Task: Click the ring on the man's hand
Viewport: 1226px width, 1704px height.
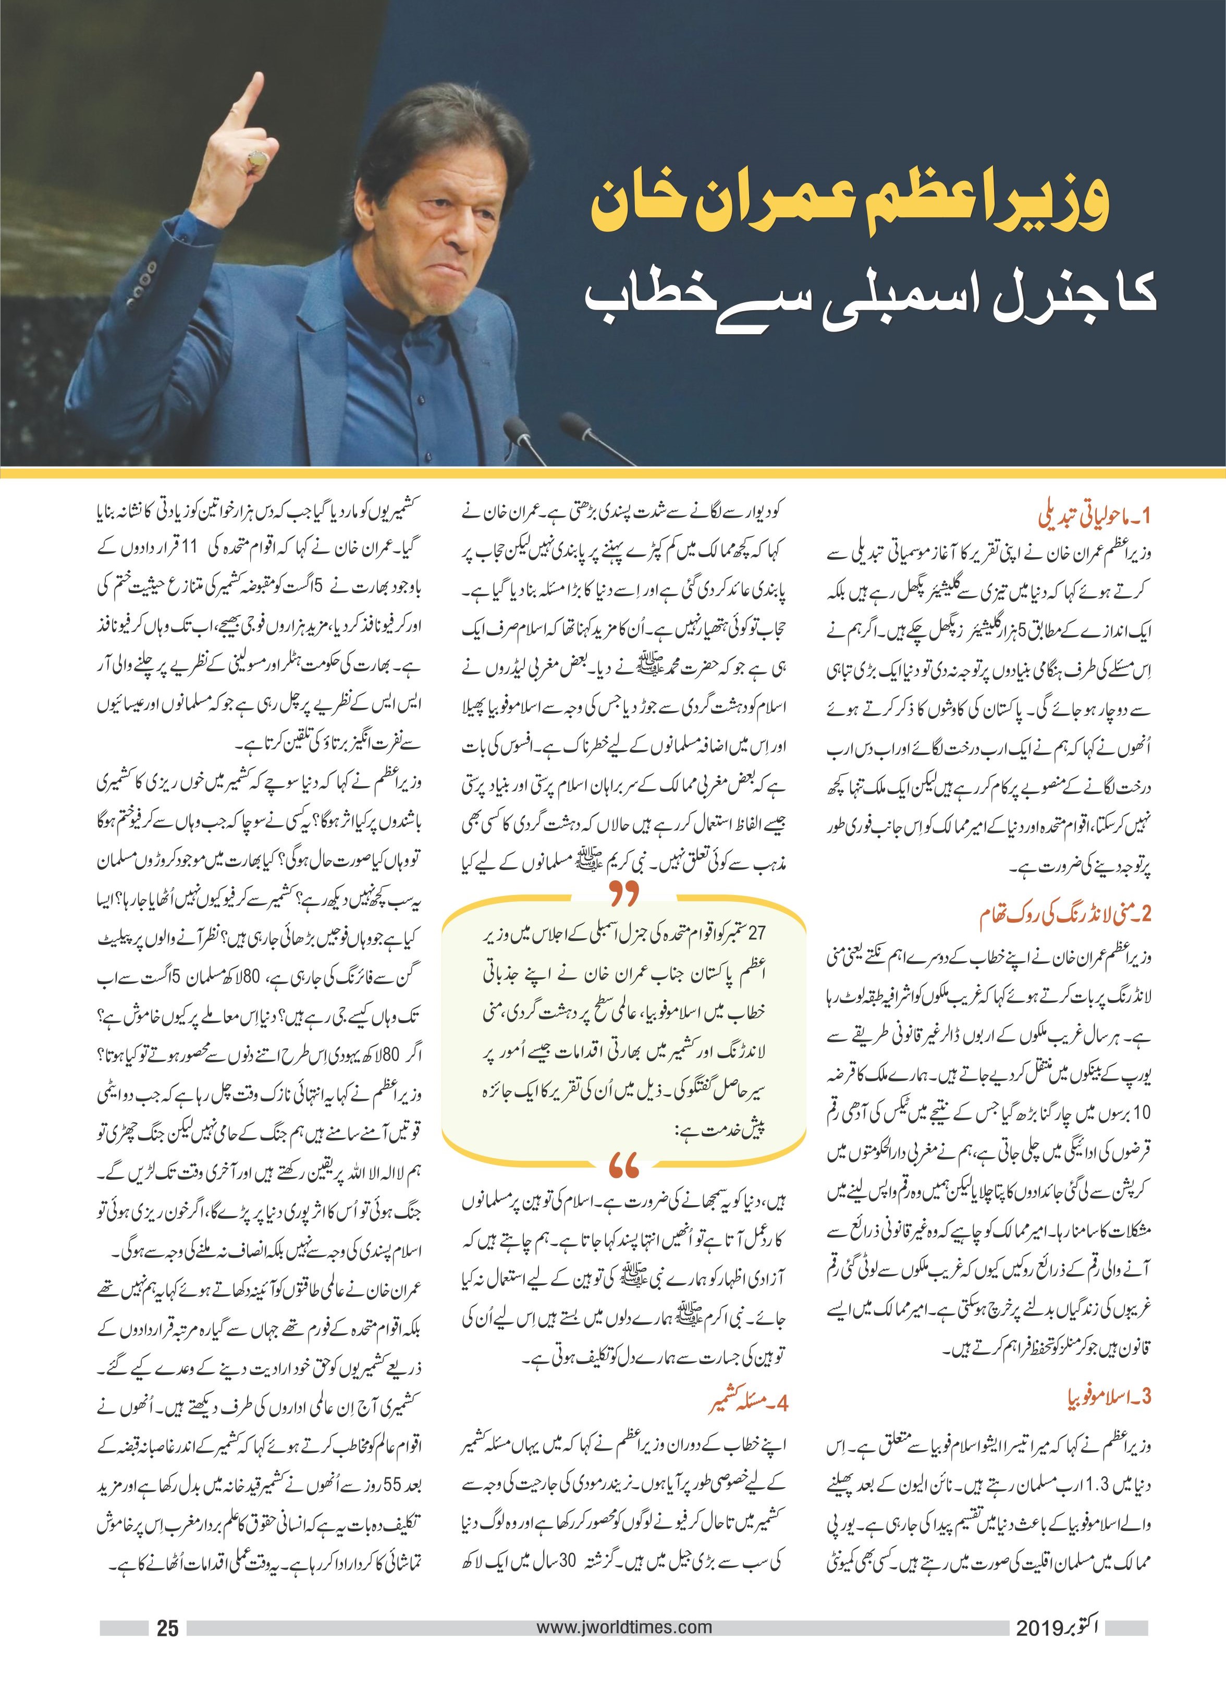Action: point(258,158)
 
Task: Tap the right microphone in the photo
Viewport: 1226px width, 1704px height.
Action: point(574,429)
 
